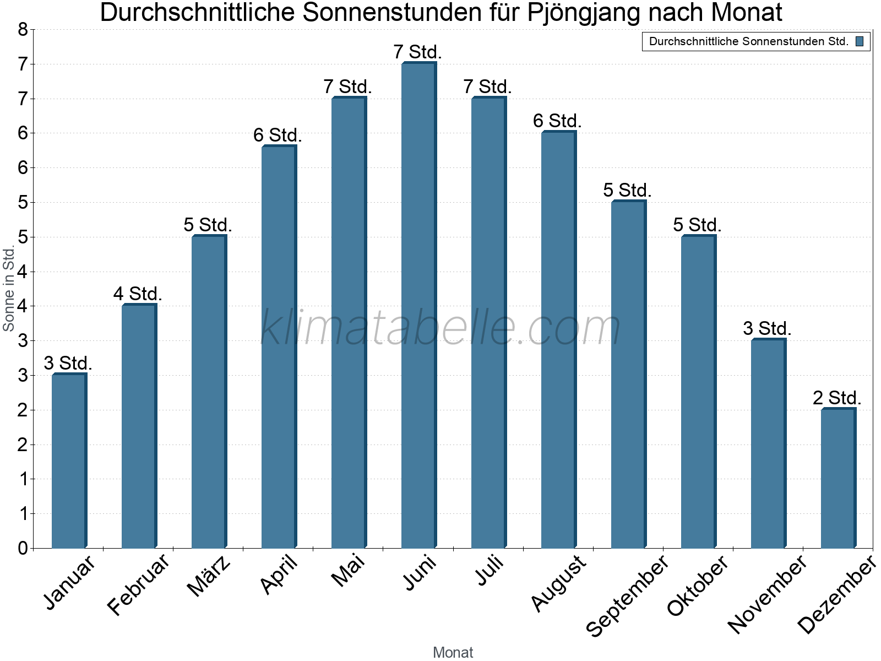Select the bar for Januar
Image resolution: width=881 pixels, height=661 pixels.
pos(69,461)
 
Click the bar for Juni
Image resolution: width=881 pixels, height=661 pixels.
pos(418,306)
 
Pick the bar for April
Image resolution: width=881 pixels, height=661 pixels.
pos(279,347)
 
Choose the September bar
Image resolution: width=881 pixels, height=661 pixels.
pos(628,375)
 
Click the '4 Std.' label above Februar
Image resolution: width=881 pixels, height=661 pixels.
pos(138,294)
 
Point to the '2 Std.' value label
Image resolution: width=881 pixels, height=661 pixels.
pos(837,398)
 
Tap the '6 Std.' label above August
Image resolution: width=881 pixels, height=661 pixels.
pos(557,121)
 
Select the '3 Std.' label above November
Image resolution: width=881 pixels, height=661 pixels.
pos(767,328)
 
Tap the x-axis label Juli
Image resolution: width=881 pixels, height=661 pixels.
pos(490,570)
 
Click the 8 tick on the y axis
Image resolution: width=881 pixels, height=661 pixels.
pos(23,29)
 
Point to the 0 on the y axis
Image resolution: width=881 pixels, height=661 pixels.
pos(23,548)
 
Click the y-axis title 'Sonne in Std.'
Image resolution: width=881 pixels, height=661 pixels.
pos(9,289)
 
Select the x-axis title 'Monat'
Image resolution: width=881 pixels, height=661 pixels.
pos(453,652)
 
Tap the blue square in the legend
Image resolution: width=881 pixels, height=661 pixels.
pos(860,41)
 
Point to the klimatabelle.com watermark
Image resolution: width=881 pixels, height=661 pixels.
pos(440,328)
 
